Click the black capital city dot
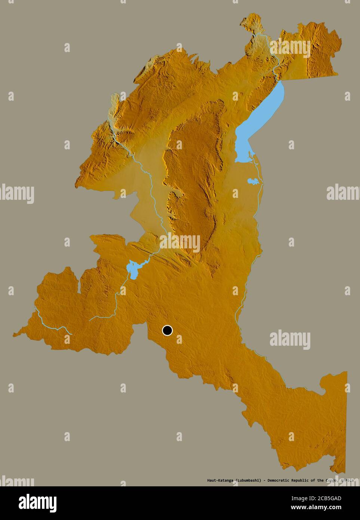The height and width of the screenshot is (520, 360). [167, 330]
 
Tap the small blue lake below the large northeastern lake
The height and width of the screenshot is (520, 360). [253, 181]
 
